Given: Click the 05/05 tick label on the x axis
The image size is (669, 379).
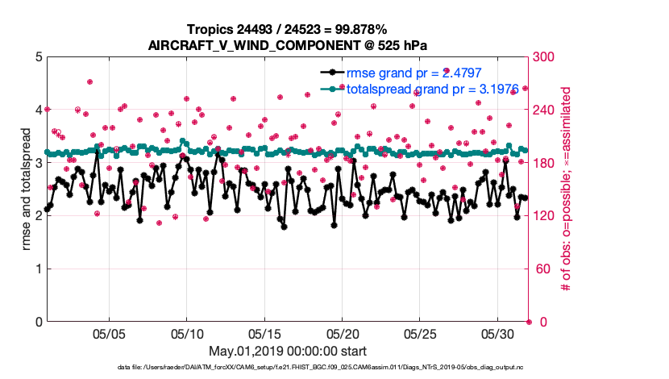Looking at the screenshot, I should pos(110,333).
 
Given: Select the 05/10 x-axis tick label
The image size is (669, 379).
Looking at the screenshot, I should pos(187,333).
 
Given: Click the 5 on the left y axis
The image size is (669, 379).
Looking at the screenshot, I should pos(38,57).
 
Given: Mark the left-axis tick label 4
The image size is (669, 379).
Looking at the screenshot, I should pos(38,110).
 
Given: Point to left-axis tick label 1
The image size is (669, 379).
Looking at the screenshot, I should pos(38,269).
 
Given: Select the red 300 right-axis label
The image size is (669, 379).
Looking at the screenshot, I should pos(544,57).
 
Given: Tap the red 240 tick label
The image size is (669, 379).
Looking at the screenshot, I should pos(544,110).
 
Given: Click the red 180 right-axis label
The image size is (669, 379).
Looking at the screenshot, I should pos(544,163).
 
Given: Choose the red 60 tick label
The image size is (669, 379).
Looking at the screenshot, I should pos(541,269).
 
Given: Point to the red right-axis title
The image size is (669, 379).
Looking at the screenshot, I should pos(566,189).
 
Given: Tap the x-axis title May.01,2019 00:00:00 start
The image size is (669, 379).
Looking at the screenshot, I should pos(288,351).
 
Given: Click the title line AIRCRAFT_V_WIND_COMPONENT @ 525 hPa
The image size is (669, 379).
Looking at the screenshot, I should pos(287,44).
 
